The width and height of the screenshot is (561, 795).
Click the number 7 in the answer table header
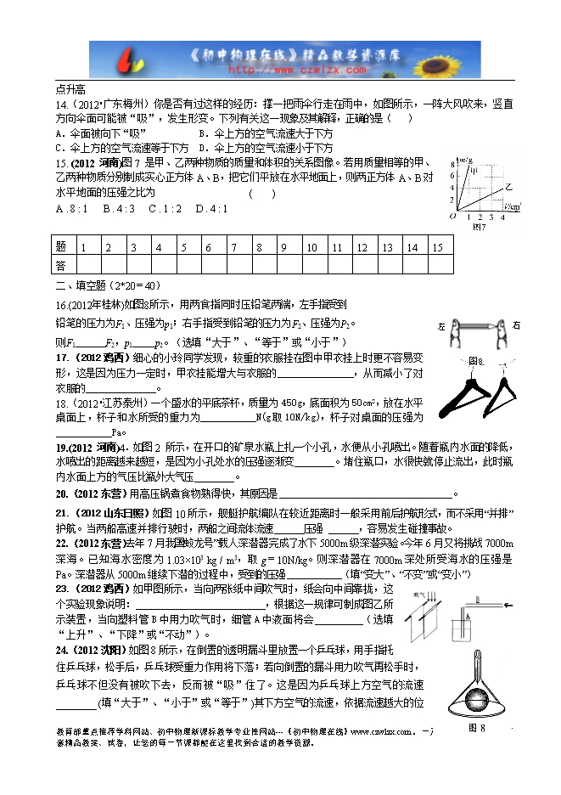pos(233,246)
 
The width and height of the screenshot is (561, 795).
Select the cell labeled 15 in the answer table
pos(437,246)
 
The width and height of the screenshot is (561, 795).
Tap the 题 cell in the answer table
pos(60,246)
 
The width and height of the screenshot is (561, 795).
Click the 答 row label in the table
pos(60,265)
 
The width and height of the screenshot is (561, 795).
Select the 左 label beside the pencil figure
pos(442,326)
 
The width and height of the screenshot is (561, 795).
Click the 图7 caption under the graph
pos(480,227)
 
